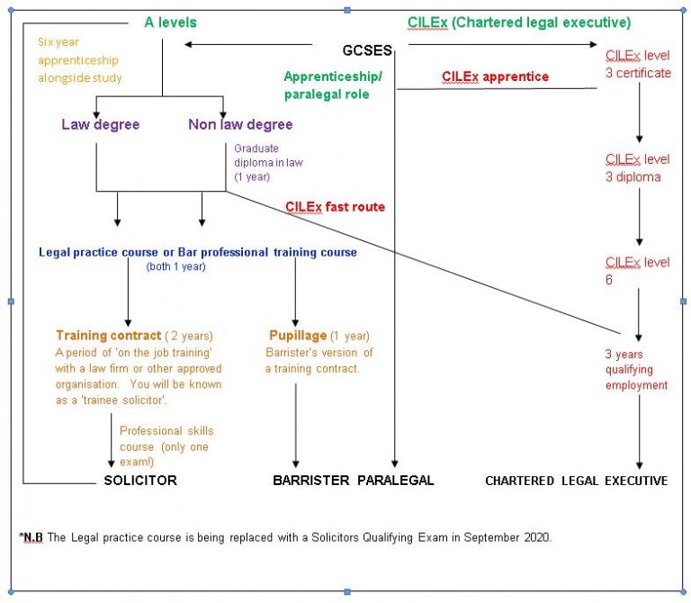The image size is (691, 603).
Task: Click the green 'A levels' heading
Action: click(x=170, y=22)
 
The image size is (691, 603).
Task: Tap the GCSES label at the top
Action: click(x=367, y=49)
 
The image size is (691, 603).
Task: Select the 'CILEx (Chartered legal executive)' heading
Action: click(x=519, y=22)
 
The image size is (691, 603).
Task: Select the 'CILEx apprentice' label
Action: click(x=495, y=76)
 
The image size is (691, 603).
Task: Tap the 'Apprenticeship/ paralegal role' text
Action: click(x=332, y=86)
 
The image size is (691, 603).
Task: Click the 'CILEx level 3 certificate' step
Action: click(x=637, y=64)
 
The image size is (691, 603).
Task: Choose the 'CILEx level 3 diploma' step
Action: click(x=637, y=167)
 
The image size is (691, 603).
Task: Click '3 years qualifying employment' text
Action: click(x=635, y=369)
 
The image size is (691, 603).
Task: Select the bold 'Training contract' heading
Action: click(x=108, y=336)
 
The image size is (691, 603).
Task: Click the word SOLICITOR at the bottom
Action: click(x=140, y=481)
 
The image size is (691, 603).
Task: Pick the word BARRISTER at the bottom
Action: click(x=310, y=481)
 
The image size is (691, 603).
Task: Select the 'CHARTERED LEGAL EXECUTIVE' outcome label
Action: click(x=576, y=481)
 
